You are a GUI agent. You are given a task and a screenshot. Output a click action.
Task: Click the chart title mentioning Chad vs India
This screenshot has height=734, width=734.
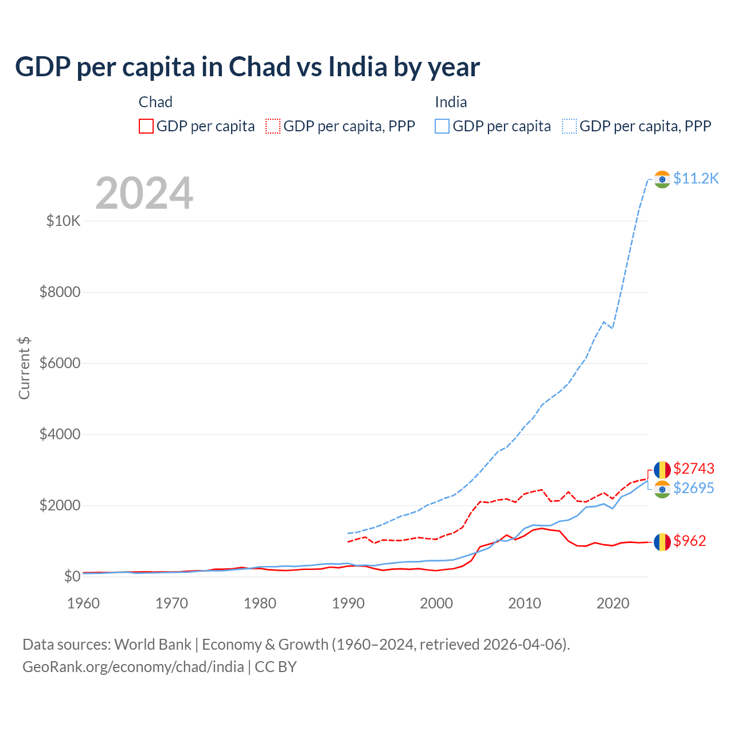pyautogui.click(x=247, y=67)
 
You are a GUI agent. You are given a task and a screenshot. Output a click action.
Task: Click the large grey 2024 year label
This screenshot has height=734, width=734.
pyautogui.click(x=144, y=193)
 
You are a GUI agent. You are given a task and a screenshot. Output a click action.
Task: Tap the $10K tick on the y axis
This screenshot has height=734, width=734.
pyautogui.click(x=63, y=221)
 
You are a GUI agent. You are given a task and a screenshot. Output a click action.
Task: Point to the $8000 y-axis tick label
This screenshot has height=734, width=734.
pyautogui.click(x=60, y=292)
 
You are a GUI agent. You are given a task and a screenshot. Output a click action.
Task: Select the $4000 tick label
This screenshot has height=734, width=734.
pyautogui.click(x=60, y=434)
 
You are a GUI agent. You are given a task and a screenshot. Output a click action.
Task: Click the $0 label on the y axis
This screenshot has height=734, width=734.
pyautogui.click(x=72, y=576)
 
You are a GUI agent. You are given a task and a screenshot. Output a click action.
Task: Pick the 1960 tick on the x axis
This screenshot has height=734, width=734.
pyautogui.click(x=84, y=603)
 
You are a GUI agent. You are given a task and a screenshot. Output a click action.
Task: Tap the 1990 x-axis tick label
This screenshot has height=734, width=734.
pyautogui.click(x=348, y=603)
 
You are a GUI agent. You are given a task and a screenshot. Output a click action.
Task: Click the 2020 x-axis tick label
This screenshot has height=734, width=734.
pyautogui.click(x=613, y=603)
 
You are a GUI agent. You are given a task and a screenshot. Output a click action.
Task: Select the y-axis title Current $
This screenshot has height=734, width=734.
pyautogui.click(x=24, y=368)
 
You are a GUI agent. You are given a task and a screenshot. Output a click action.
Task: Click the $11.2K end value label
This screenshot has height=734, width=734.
pyautogui.click(x=696, y=178)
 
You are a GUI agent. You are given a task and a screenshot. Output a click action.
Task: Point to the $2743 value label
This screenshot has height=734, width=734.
pyautogui.click(x=694, y=468)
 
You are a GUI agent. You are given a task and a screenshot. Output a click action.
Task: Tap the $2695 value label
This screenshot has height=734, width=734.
pyautogui.click(x=694, y=488)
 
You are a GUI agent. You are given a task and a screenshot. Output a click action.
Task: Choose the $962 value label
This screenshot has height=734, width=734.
pyautogui.click(x=690, y=541)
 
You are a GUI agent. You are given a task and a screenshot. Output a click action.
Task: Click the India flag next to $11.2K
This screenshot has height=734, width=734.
pyautogui.click(x=662, y=179)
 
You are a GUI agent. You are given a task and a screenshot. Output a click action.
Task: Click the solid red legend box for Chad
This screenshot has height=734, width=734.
pyautogui.click(x=146, y=126)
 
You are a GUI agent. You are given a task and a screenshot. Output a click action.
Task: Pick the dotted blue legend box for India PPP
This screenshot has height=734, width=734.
pyautogui.click(x=569, y=126)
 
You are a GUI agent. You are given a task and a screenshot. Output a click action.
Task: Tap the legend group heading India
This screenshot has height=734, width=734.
pyautogui.click(x=451, y=102)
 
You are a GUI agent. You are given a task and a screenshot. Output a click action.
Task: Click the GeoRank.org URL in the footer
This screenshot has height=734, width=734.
pyautogui.click(x=133, y=667)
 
